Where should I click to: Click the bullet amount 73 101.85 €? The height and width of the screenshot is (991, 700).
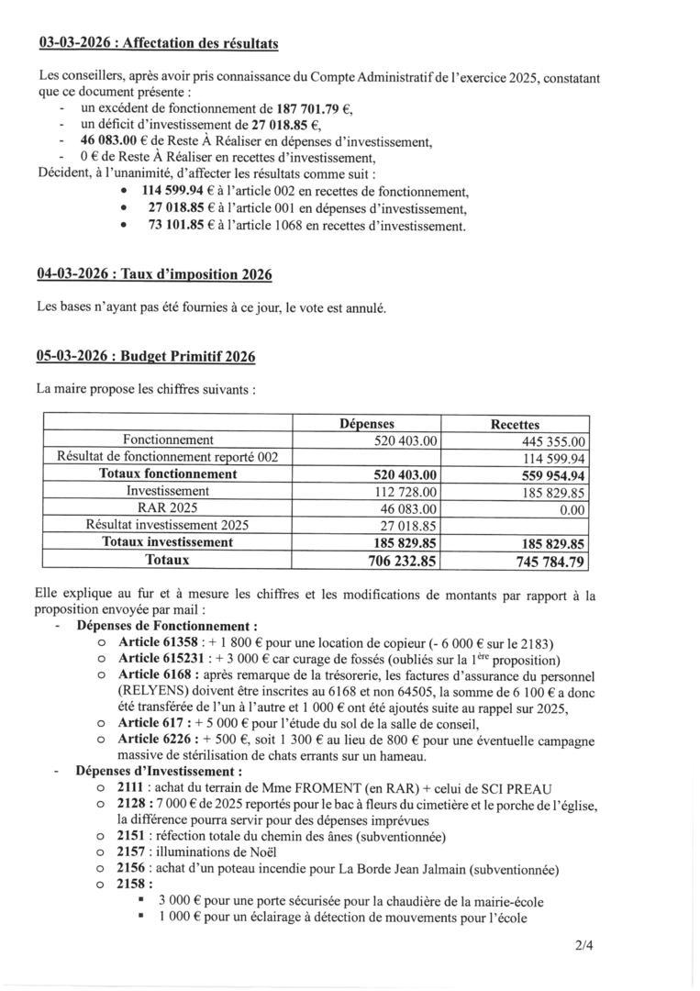pos(172,226)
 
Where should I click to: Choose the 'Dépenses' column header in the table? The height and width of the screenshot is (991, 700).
pos(366,424)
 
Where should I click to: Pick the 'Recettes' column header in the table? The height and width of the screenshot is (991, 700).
pos(515,425)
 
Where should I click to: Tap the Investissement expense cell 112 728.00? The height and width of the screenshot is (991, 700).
pos(405,492)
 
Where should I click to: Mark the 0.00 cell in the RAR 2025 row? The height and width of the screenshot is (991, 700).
pos(572,508)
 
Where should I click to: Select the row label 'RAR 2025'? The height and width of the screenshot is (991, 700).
pos(168,508)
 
